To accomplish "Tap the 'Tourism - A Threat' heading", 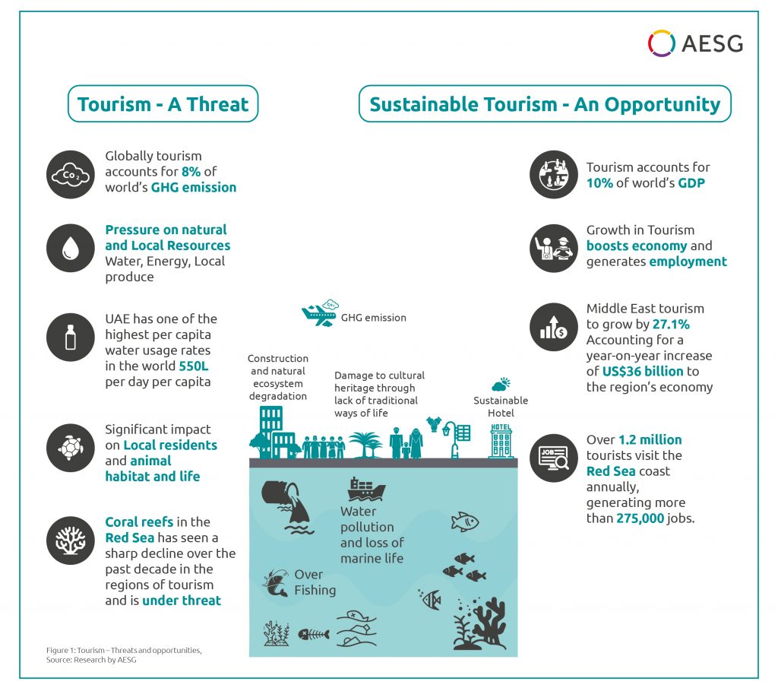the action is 163,104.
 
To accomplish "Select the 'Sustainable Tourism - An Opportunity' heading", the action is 545,104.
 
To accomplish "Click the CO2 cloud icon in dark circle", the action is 71,175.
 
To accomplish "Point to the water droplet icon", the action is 71,248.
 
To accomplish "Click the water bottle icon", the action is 71,337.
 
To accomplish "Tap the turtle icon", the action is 71,448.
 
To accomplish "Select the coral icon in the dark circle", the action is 71,540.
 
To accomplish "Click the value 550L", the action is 194,366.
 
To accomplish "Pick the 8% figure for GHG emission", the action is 191,172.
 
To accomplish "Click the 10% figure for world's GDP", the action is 599,183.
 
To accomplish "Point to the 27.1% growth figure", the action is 671,324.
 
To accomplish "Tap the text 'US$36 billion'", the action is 643,371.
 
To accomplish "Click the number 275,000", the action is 640,518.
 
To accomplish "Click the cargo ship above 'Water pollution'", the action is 366,490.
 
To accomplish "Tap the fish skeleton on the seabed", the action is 314,635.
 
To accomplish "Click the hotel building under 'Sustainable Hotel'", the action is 501,441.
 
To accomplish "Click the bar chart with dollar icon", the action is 554,327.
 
